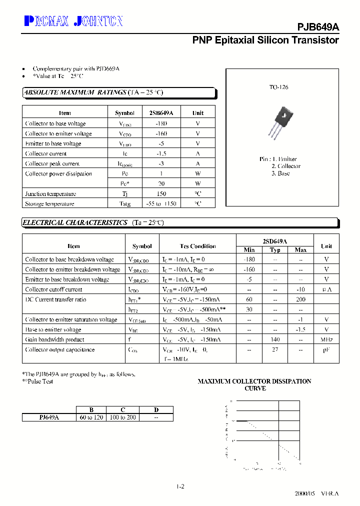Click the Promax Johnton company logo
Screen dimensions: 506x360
pyautogui.click(x=73, y=20)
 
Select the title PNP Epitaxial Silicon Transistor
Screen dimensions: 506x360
pyautogui.click(x=265, y=40)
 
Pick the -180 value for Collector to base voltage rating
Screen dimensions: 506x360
pyautogui.click(x=161, y=123)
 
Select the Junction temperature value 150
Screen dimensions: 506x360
pyautogui.click(x=161, y=193)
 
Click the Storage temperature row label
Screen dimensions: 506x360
pyautogui.click(x=49, y=203)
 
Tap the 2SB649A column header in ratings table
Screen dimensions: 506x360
pyautogui.click(x=161, y=113)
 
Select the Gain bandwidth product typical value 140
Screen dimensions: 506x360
pyautogui.click(x=275, y=339)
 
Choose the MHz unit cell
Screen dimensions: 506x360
pyautogui.click(x=326, y=339)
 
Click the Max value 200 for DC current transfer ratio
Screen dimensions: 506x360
pyautogui.click(x=300, y=299)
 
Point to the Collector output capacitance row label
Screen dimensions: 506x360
pyautogui.click(x=59, y=349)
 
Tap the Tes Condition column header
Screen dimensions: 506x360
pyautogui.click(x=198, y=246)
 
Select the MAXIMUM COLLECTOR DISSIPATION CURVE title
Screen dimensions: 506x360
pyautogui.click(x=254, y=384)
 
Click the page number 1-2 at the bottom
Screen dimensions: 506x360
pyautogui.click(x=180, y=486)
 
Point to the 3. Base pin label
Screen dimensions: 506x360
pyautogui.click(x=280, y=173)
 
